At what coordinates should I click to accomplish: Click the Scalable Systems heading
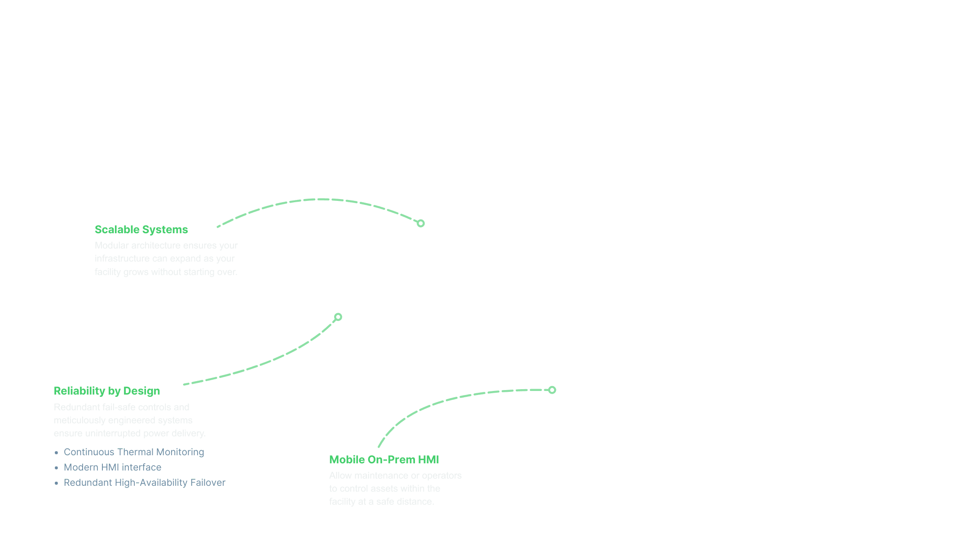click(141, 230)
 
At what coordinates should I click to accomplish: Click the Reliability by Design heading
click(106, 391)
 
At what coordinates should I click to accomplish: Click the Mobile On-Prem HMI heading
click(384, 460)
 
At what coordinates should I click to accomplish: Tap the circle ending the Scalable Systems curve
click(421, 223)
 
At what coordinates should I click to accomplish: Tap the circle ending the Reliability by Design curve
click(338, 317)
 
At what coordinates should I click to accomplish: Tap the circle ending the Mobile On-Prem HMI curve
click(552, 390)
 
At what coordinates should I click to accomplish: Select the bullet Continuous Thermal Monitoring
click(134, 452)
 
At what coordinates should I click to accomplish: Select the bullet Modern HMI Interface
click(112, 467)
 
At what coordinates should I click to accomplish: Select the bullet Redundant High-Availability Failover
click(145, 483)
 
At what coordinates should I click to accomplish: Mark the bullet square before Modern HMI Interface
click(57, 468)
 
